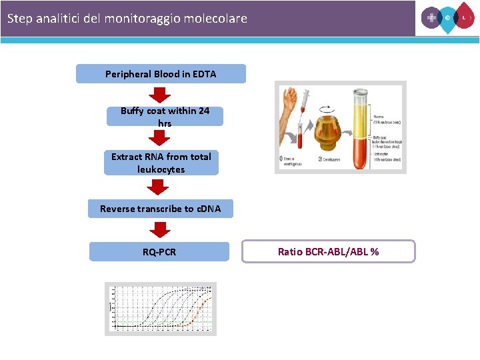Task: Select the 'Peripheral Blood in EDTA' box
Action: (161, 74)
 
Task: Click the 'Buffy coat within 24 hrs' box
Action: (165, 117)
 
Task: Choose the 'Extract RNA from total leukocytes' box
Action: (161, 163)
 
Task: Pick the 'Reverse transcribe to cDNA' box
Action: (160, 209)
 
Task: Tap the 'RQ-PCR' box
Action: (159, 252)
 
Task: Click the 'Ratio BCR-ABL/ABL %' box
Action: (329, 251)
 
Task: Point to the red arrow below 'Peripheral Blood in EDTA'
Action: (159, 95)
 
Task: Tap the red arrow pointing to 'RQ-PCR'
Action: (159, 229)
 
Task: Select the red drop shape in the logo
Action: (465, 17)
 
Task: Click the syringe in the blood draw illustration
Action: (304, 105)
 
